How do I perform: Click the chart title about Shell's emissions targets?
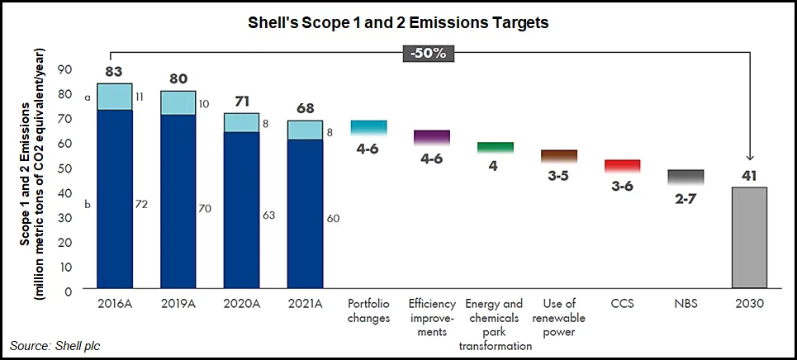pyautogui.click(x=399, y=23)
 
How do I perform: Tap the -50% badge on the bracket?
pyautogui.click(x=429, y=54)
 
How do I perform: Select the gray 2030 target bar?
pyautogui.click(x=749, y=239)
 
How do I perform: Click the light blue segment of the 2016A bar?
pyautogui.click(x=115, y=97)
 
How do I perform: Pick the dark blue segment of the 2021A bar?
pyautogui.click(x=305, y=215)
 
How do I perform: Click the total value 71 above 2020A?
pyautogui.click(x=241, y=102)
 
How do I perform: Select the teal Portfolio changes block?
pyautogui.click(x=369, y=128)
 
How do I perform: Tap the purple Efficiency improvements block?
pyautogui.click(x=432, y=138)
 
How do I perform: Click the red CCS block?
pyautogui.click(x=622, y=167)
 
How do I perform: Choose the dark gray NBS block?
pyautogui.click(x=686, y=178)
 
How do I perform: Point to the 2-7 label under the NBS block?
pyautogui.click(x=686, y=198)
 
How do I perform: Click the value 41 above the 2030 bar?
pyautogui.click(x=749, y=177)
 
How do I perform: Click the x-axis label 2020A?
pyautogui.click(x=241, y=305)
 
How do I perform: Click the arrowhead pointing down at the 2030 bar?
pyautogui.click(x=749, y=158)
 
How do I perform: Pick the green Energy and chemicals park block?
pyautogui.click(x=496, y=148)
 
